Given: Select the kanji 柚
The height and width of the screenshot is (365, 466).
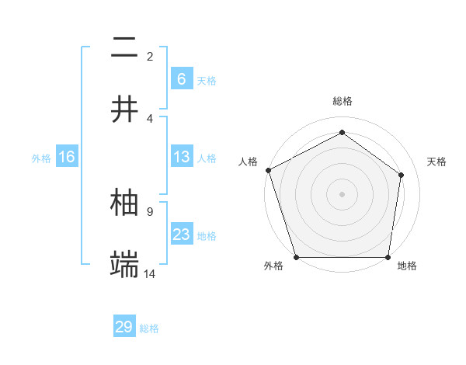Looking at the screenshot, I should click(125, 202).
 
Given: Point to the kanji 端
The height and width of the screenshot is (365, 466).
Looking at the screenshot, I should click(125, 264).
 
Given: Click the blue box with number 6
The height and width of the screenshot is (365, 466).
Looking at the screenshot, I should click(181, 78).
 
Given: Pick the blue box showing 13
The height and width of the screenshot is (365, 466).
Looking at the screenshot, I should click(181, 157).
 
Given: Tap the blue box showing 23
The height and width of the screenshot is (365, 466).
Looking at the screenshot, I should click(181, 235).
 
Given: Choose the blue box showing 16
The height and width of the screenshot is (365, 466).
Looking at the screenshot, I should click(67, 157).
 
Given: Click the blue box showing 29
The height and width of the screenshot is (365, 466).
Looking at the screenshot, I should click(124, 327).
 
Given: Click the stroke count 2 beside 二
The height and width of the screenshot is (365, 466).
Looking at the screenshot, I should click(150, 56).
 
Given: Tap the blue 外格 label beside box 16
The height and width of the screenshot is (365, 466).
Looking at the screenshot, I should click(41, 158).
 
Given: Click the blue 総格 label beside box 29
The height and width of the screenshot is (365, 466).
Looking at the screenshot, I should click(149, 328).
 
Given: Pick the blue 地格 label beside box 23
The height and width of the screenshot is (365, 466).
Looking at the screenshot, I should click(207, 236).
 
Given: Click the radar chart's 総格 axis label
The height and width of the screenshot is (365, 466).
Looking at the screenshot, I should click(342, 101).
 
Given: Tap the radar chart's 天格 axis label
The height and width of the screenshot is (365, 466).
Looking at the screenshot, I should click(437, 162).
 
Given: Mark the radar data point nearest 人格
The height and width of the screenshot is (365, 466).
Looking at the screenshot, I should click(268, 170).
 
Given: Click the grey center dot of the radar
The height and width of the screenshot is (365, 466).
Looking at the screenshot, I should click(342, 193).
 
